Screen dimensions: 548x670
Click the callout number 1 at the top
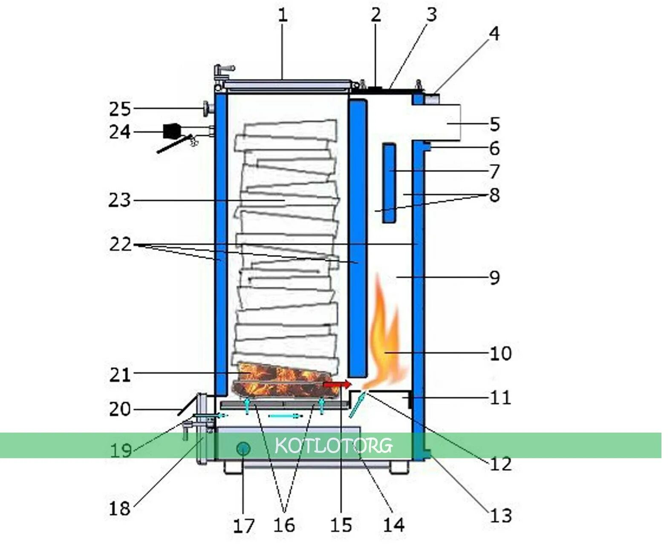(283, 16)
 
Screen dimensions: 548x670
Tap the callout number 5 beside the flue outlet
(494, 124)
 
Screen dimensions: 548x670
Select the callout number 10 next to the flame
(500, 353)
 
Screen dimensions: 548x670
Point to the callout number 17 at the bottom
(243, 526)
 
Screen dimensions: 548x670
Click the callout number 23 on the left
(119, 200)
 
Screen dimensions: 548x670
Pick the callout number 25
(119, 109)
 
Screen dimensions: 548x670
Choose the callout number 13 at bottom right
(500, 516)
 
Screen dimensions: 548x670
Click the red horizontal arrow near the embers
(337, 384)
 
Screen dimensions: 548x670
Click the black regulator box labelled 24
(171, 131)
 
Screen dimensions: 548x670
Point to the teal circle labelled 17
(243, 448)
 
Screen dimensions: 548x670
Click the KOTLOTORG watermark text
(333, 445)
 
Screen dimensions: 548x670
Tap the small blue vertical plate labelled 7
(389, 183)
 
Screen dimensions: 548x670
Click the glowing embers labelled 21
(281, 379)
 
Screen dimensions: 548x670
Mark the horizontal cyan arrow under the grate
(285, 416)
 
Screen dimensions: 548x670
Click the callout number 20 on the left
(119, 409)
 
